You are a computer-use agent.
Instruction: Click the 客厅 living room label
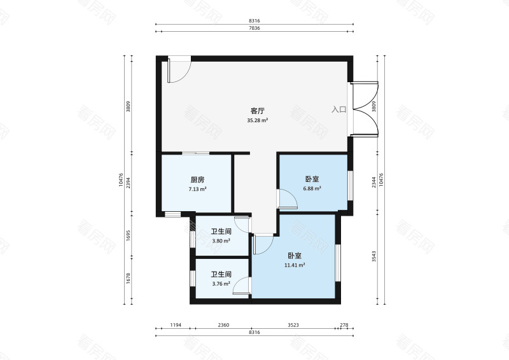click(258, 111)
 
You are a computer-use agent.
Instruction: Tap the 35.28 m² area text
click(258, 120)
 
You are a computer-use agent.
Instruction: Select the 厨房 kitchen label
click(197, 179)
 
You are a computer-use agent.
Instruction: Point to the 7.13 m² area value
click(197, 189)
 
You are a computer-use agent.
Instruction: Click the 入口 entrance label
click(338, 109)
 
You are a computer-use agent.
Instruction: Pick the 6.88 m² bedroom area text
click(312, 188)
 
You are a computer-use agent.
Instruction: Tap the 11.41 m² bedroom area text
click(295, 265)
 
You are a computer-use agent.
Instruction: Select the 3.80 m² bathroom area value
click(221, 241)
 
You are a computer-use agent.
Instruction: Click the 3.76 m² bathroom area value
click(221, 284)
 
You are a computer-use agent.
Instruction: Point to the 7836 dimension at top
click(254, 28)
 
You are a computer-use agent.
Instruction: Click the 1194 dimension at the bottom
click(176, 325)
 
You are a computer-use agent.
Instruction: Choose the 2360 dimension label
click(223, 325)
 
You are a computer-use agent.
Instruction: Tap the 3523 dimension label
click(293, 325)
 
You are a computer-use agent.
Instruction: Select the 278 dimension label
click(344, 325)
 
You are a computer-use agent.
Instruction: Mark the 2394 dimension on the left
click(128, 183)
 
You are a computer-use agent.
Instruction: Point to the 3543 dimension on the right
click(374, 256)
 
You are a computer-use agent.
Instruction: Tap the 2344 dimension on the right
click(374, 182)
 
